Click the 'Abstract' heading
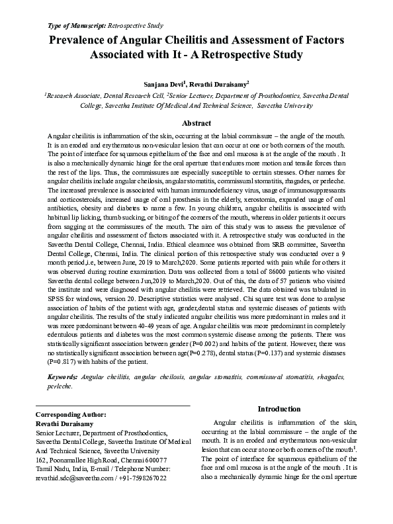tap(196, 123)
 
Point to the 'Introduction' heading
tap(279, 409)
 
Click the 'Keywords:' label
tap(62, 376)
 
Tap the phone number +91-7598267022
tap(142, 478)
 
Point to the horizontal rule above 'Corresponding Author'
tap(112, 406)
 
